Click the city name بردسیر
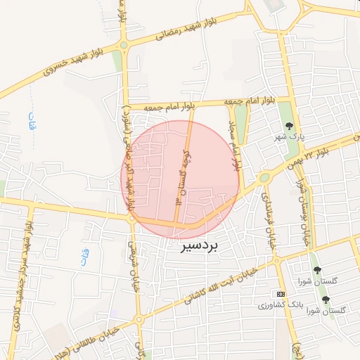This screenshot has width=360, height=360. [x=199, y=247]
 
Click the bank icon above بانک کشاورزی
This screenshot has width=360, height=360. [x=281, y=293]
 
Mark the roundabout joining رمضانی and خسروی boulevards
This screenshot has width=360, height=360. [x=124, y=46]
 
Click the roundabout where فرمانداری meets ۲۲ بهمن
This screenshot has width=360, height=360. [x=264, y=178]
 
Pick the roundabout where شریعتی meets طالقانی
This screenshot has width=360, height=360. [x=139, y=320]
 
